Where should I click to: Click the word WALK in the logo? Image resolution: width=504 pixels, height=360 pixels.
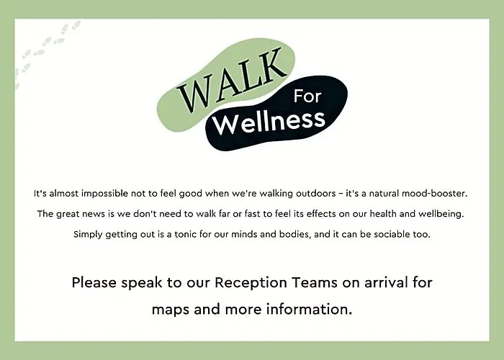pos(231,81)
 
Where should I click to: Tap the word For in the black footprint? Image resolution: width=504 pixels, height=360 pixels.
pos(307,96)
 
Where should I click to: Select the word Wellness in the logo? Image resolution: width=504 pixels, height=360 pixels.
pos(269,122)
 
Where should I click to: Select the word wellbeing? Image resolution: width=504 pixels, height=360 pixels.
pos(441,214)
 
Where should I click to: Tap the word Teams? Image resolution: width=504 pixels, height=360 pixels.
pos(315,283)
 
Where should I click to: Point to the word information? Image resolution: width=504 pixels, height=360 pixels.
pos(309,309)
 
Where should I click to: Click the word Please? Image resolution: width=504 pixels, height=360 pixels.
pos(94,283)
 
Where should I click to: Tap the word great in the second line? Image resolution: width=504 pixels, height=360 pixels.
pos(68,215)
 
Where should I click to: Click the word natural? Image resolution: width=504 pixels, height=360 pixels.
pos(384,194)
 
